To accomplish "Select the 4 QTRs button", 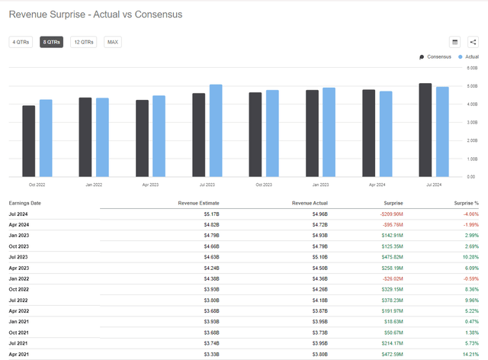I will click(x=21, y=42).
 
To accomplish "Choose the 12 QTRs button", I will click(x=83, y=42).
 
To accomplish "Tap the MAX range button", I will click(x=113, y=42).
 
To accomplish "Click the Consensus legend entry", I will click(x=435, y=57).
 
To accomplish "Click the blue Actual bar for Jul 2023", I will click(x=216, y=130).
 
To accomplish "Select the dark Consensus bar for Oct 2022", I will click(x=28, y=141).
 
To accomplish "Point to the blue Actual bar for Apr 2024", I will click(x=386, y=134).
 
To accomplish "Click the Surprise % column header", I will click(x=466, y=203).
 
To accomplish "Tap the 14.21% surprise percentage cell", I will click(x=467, y=354).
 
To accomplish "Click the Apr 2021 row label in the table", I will click(x=19, y=354).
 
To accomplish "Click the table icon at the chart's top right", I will click(x=454, y=42).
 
